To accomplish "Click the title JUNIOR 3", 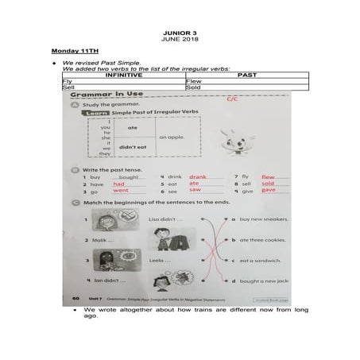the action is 179,32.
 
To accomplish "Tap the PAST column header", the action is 246,75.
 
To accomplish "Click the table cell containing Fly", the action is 68,80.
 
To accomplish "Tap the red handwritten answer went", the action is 121,191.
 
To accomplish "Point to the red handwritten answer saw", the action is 195,191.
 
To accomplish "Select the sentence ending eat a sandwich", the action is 257,260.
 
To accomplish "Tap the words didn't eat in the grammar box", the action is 133,147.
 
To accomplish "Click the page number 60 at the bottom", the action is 75,298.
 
